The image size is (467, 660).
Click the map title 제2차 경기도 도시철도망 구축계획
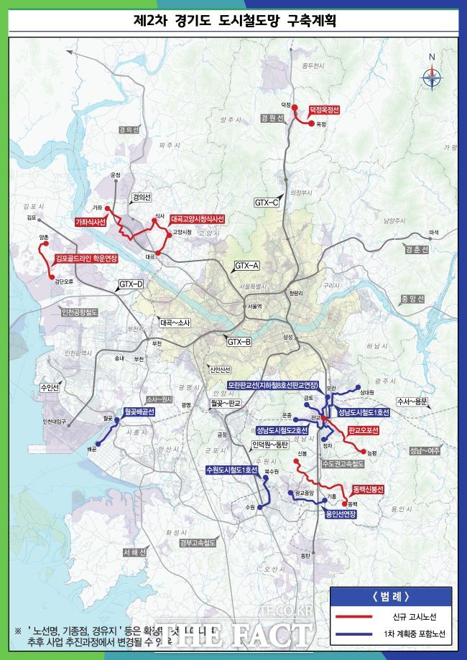tap(233, 21)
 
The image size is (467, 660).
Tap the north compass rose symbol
tap(432, 75)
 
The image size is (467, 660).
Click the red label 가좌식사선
tap(91, 223)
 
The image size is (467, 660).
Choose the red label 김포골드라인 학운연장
tap(86, 258)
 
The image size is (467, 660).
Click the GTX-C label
tap(266, 203)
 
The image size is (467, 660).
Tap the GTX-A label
tap(246, 266)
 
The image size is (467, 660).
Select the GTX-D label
tap(131, 284)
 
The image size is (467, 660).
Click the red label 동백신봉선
tap(369, 489)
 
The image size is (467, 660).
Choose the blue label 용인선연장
tap(341, 514)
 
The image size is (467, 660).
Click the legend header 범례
tap(391, 596)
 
